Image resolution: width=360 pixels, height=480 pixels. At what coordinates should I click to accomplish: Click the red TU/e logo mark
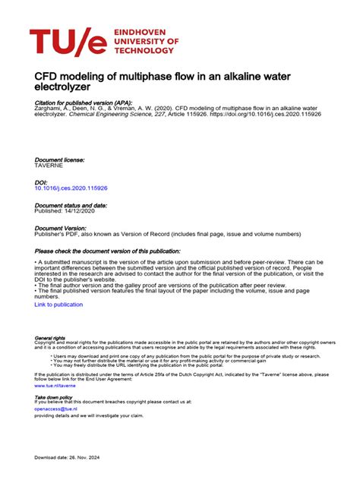click(x=68, y=43)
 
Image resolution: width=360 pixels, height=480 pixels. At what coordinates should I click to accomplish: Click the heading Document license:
click(x=60, y=160)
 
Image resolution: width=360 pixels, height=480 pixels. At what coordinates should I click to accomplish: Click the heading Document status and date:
click(x=71, y=205)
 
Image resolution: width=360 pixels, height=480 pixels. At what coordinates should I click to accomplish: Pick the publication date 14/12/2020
click(x=85, y=211)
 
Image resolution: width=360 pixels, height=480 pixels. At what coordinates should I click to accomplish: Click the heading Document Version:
click(x=61, y=228)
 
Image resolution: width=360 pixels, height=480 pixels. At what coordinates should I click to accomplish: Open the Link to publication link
click(x=58, y=305)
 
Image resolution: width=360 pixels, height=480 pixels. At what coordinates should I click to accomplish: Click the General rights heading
click(x=51, y=338)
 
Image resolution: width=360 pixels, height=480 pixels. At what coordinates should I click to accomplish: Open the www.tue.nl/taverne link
click(x=55, y=386)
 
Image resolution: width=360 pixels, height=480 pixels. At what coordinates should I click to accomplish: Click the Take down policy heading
click(x=54, y=397)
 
